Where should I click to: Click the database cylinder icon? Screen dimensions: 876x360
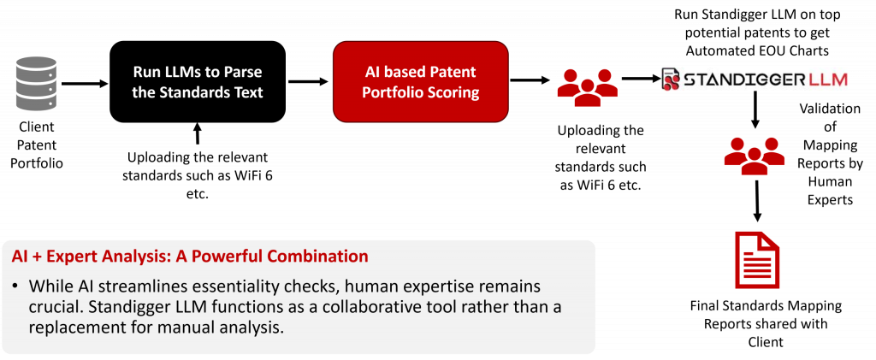[x=36, y=84]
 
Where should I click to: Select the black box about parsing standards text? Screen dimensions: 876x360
[x=198, y=81]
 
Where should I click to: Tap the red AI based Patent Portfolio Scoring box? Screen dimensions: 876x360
[x=421, y=81]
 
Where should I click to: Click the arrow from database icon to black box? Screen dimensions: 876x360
[x=85, y=84]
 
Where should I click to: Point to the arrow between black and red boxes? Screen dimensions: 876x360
[x=308, y=81]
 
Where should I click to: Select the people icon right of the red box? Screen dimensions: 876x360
[x=587, y=87]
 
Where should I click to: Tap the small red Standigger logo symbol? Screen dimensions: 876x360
[x=671, y=80]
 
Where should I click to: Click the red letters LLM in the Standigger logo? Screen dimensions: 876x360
[x=828, y=80]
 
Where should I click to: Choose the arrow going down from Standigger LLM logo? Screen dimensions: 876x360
[x=755, y=109]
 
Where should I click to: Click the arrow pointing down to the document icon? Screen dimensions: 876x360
[x=757, y=200]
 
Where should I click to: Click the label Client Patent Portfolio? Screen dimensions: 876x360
[x=36, y=145]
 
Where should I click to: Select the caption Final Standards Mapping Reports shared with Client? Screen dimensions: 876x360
[x=766, y=324]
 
